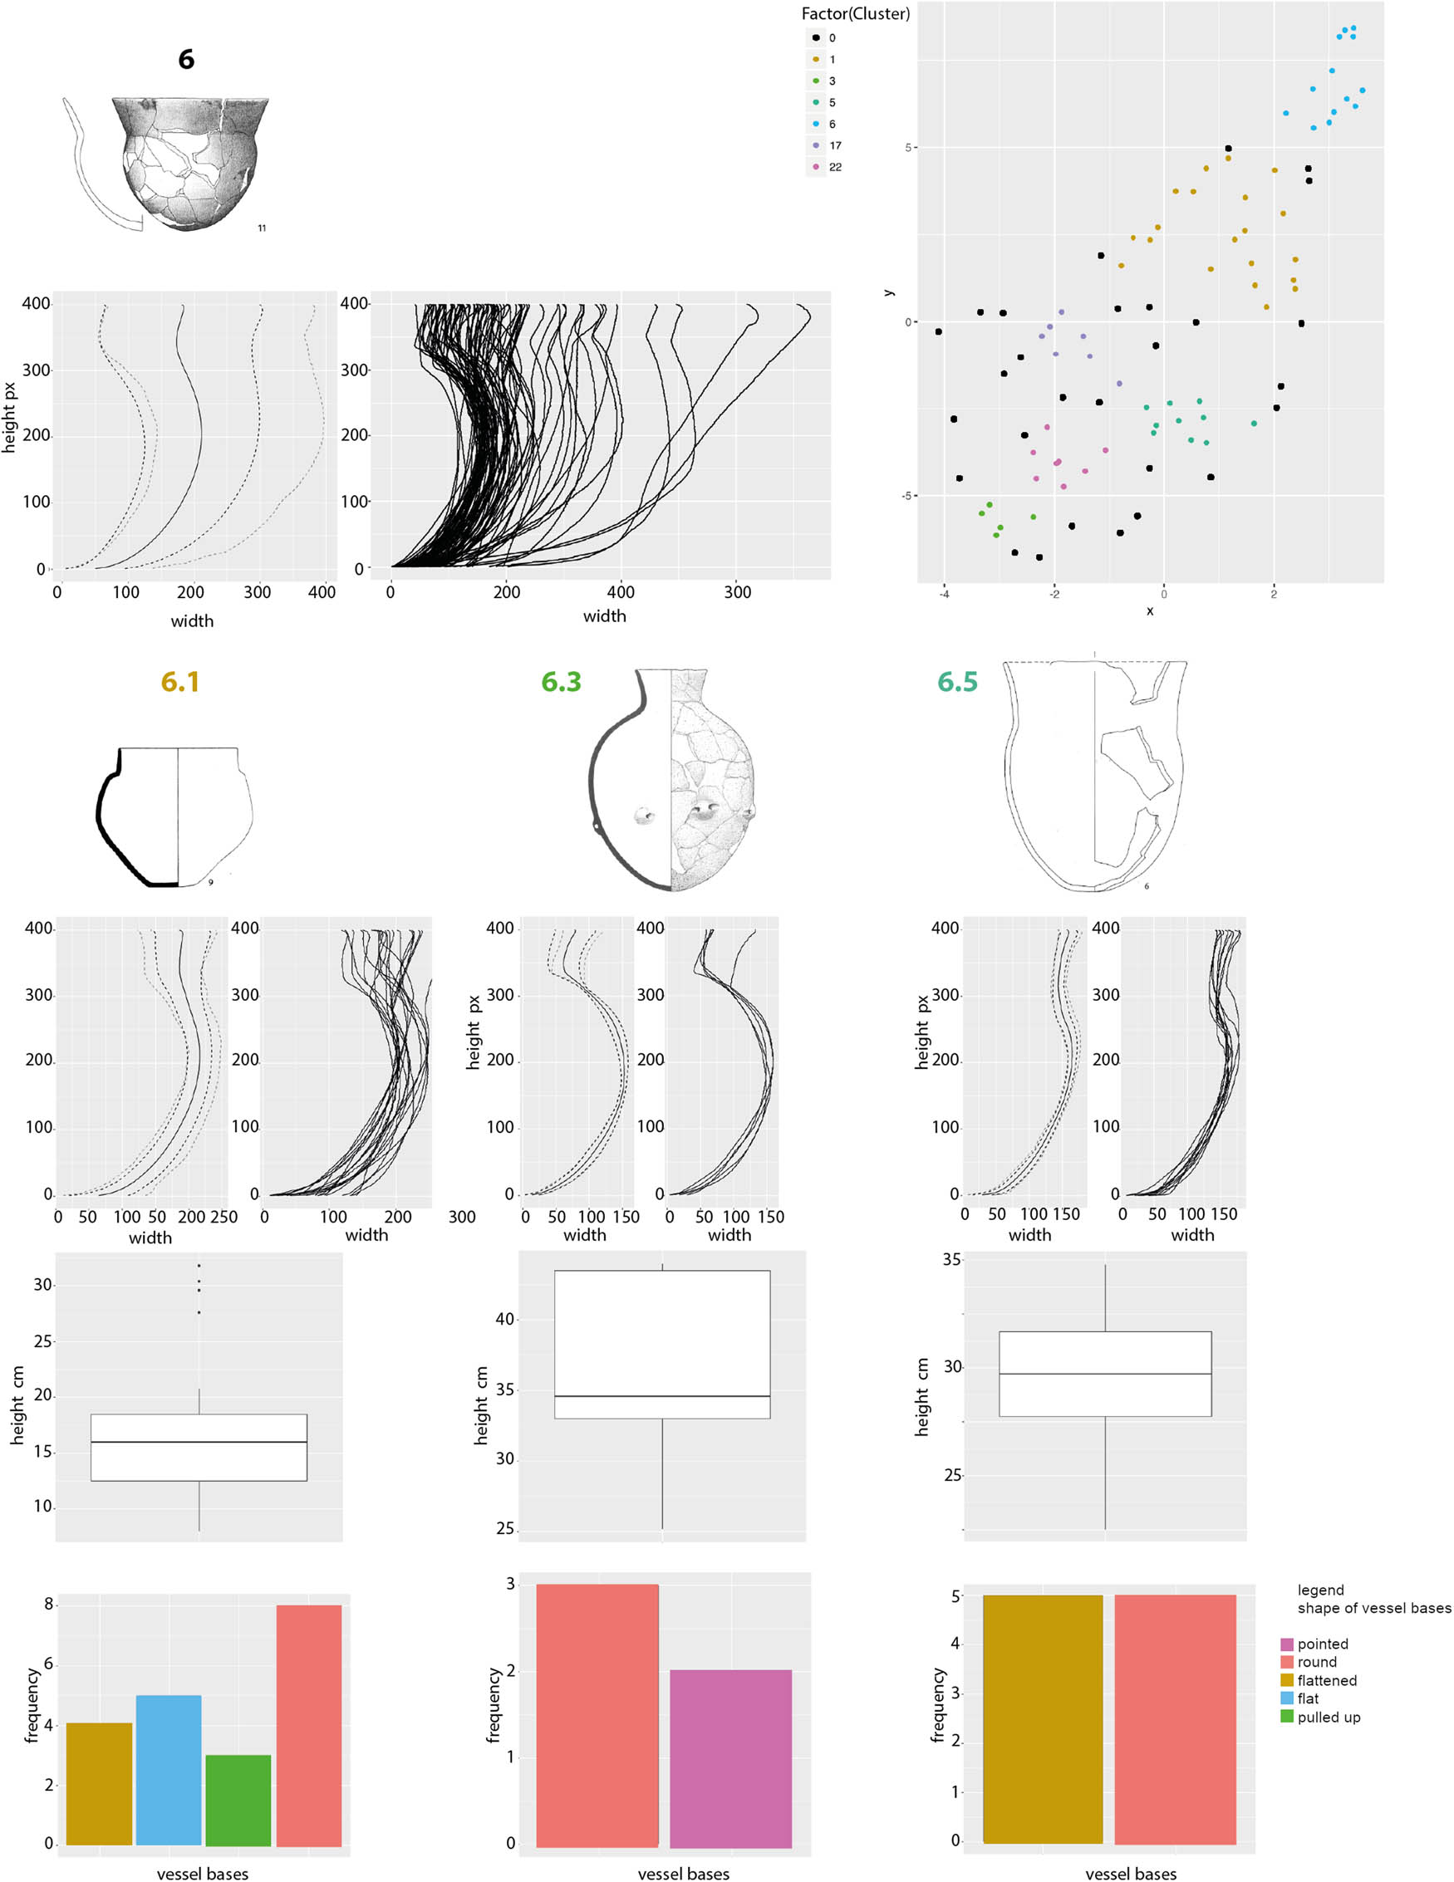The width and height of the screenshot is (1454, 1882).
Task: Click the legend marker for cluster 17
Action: point(815,145)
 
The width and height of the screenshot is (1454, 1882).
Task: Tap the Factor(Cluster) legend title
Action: point(855,14)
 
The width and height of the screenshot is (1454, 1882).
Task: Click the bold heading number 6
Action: point(186,60)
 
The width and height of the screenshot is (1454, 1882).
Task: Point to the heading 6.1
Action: point(180,682)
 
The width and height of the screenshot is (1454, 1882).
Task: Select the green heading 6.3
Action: point(561,682)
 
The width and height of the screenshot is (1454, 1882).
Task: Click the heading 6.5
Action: point(957,682)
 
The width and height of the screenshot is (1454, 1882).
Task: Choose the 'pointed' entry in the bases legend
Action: point(1322,1644)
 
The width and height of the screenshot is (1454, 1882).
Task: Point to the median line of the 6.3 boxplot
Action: point(662,1396)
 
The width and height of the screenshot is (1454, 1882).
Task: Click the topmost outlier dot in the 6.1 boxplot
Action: point(199,1266)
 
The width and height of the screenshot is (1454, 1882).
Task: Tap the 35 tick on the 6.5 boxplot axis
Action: point(951,1260)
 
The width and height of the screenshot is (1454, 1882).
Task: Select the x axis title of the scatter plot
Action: point(1150,611)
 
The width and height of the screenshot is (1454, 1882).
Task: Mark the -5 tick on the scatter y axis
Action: point(906,496)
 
